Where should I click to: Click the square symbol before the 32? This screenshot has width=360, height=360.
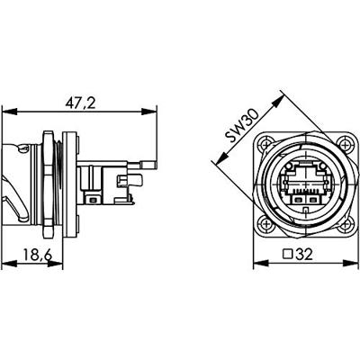pos(289,256)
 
